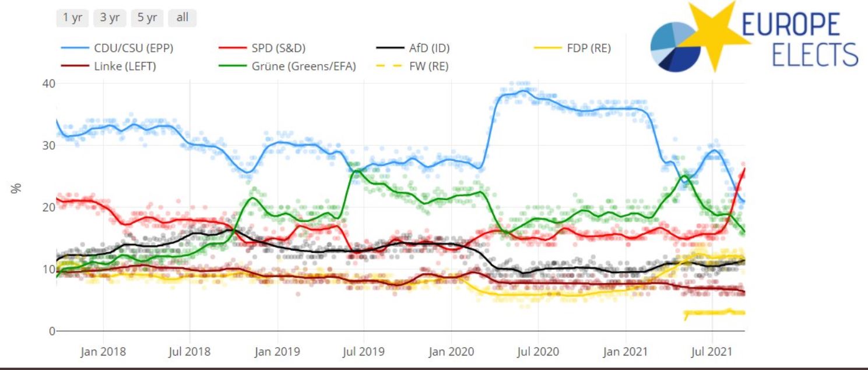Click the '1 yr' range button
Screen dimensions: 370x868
coord(72,17)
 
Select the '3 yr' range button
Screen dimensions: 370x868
coord(110,17)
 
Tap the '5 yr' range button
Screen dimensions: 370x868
coord(147,17)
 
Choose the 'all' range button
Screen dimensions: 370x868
coord(182,17)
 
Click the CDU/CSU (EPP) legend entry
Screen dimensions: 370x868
coord(133,48)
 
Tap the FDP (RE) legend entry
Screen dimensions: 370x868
coord(588,48)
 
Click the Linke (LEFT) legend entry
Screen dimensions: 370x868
coord(125,66)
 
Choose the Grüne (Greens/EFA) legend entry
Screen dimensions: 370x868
coord(303,66)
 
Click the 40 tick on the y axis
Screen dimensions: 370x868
coord(48,83)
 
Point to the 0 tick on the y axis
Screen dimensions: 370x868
coord(51,331)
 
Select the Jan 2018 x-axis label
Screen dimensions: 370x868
coord(104,352)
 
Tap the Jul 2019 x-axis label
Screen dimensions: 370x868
coord(364,352)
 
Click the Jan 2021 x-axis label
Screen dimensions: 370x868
coord(627,352)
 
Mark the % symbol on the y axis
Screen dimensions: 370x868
coord(16,188)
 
